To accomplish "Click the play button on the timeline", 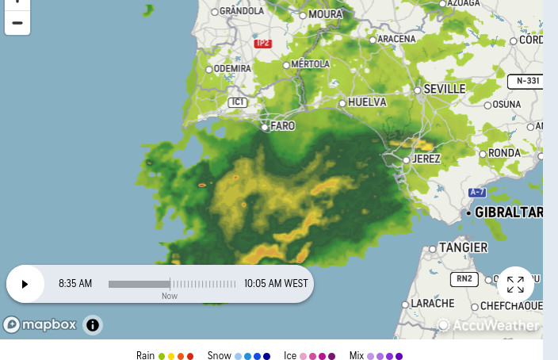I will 25,284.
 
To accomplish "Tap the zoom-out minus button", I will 17,22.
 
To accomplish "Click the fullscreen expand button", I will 515,284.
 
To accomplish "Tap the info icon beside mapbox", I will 93,324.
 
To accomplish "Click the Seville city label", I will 444,89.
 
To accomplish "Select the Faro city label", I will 282,126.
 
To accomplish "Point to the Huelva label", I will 367,102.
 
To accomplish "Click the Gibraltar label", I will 508,213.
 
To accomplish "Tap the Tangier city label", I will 463,247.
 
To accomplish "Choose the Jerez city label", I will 426,159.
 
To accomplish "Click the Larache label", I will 433,304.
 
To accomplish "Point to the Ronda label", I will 504,152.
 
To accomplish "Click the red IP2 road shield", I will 263,43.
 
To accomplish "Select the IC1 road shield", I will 238,102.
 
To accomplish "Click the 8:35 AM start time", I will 75,284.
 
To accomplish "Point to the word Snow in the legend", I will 219,355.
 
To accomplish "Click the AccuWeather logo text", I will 495,325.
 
